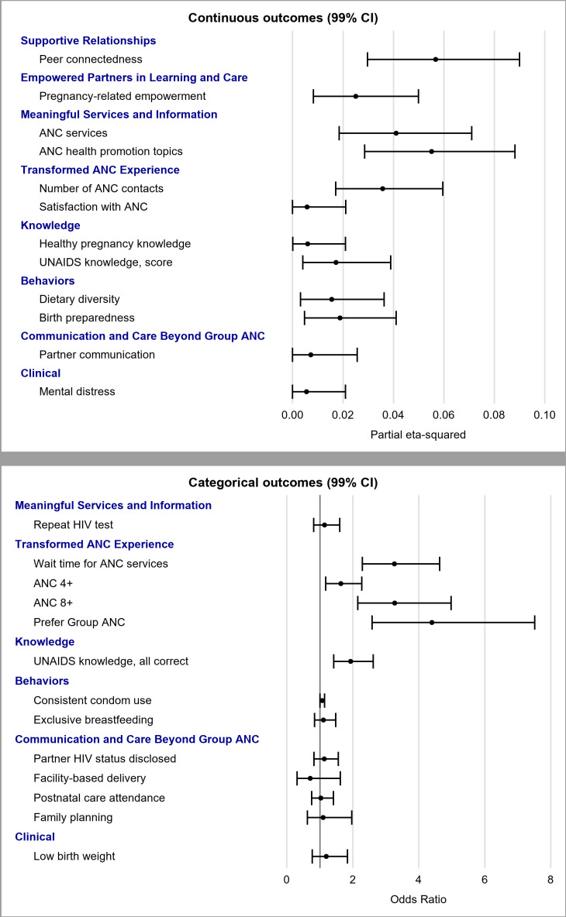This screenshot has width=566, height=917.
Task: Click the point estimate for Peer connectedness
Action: click(436, 59)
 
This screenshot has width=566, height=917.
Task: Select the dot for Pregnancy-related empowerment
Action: click(356, 96)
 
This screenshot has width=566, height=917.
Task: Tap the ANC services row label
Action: click(73, 133)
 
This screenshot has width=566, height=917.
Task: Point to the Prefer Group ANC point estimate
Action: click(432, 622)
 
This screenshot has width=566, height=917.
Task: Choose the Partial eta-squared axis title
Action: click(418, 435)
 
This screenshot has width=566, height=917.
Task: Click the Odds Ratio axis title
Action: click(418, 900)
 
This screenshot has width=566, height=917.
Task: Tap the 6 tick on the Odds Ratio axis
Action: click(485, 881)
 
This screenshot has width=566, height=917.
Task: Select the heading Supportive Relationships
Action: click(88, 40)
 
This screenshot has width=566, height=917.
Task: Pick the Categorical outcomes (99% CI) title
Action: click(283, 483)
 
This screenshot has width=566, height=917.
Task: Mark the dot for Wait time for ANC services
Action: click(395, 563)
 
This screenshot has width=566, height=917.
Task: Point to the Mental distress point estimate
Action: click(306, 392)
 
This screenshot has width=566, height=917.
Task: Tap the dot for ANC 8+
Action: click(395, 602)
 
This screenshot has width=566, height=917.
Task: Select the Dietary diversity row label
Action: click(79, 299)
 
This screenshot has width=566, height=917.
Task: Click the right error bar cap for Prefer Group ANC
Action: click(534, 622)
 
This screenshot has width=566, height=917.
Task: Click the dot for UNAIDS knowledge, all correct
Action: click(350, 661)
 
